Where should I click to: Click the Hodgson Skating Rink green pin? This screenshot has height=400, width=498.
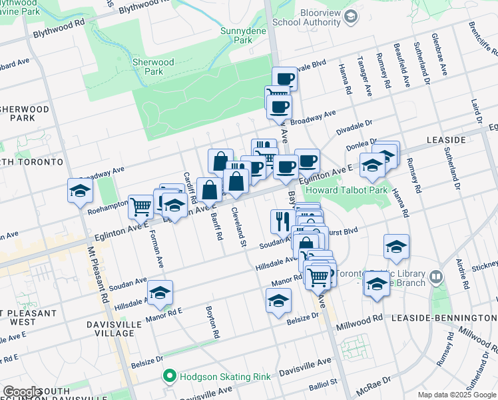click(170, 377)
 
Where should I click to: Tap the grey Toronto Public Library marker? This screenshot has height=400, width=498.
click(435, 275)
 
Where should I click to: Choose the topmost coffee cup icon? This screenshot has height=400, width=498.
click(284, 78)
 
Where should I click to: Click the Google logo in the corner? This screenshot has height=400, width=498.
click(21, 391)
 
